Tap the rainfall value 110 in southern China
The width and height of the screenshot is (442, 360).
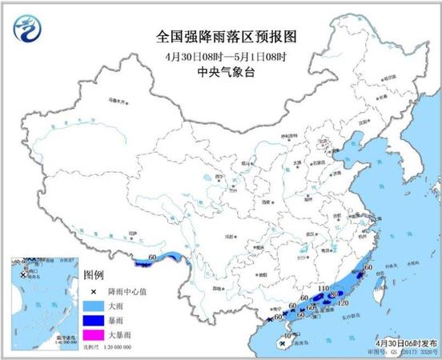(x=325, y=289)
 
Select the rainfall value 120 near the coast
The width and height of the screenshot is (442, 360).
(x=343, y=304)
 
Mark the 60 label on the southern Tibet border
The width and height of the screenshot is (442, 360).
(x=152, y=258)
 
